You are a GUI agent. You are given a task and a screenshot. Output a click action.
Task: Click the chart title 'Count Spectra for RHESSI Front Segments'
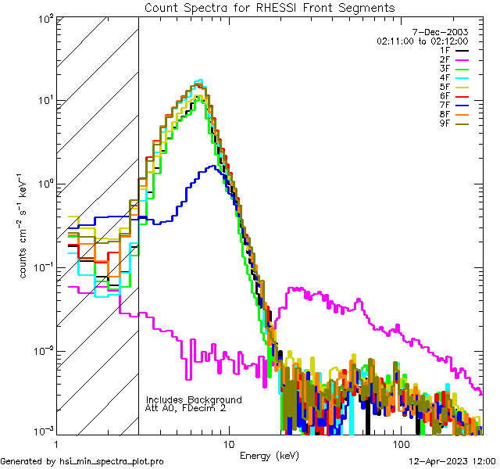tap(270, 7)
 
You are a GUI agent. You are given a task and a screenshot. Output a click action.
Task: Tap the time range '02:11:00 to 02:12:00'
tap(422, 41)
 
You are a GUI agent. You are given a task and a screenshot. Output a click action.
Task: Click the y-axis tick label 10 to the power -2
tap(42, 350)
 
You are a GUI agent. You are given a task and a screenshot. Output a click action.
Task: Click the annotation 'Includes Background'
tap(194, 399)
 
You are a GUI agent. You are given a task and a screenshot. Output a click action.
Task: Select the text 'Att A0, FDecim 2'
tap(185, 408)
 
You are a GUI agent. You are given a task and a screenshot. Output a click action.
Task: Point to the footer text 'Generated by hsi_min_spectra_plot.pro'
tap(83, 461)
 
